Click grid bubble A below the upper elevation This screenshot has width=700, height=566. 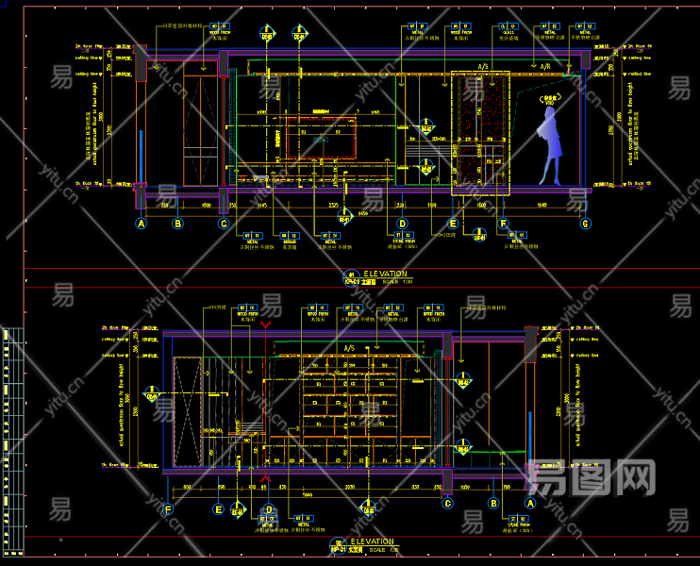click(142, 224)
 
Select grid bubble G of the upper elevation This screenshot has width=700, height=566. click(585, 224)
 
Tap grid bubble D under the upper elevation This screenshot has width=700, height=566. click(402, 224)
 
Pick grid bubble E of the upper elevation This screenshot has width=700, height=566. click(453, 224)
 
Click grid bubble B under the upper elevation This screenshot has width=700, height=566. click(176, 224)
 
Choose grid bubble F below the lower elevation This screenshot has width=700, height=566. click(168, 509)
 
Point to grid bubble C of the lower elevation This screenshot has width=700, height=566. click(448, 503)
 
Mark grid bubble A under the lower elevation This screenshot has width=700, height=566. click(529, 503)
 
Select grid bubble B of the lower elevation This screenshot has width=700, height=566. click(492, 503)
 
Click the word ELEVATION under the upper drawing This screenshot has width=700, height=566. click(385, 274)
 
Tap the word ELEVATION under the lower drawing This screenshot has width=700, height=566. click(372, 541)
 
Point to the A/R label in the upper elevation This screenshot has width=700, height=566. click(544, 67)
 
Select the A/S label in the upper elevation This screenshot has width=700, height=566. click(482, 67)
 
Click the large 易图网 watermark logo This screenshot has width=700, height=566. click(592, 477)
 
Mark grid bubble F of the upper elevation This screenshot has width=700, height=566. click(504, 224)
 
